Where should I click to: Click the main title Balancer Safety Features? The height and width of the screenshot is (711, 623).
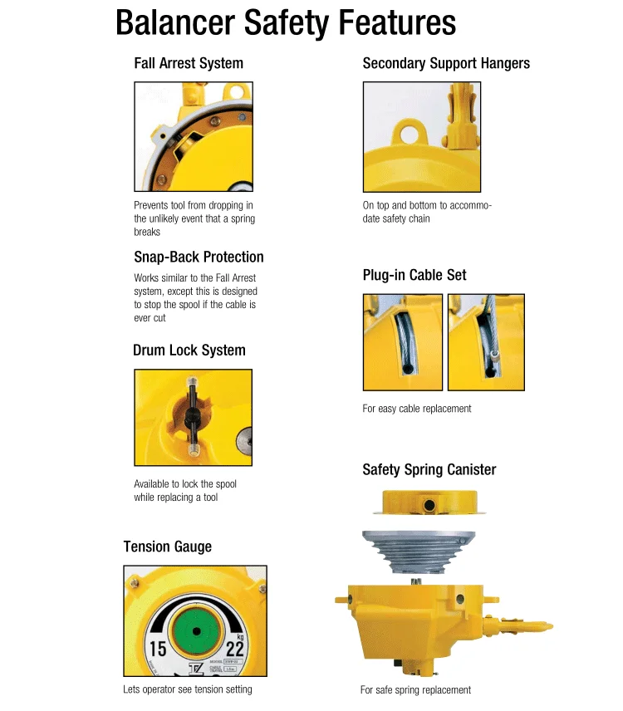coord(286,22)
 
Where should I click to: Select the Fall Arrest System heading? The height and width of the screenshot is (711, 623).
coord(189,63)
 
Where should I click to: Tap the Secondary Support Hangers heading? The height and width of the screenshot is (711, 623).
coord(446,63)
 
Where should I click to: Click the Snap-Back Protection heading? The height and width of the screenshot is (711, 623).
coord(199,257)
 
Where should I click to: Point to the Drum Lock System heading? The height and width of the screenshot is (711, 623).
coord(189,351)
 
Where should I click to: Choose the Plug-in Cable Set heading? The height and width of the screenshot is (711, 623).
coord(415,275)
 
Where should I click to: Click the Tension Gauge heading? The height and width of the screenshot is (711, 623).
coord(167,547)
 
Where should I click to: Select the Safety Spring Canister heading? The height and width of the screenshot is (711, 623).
coord(429,470)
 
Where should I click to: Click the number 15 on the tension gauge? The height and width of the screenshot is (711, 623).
coord(158,649)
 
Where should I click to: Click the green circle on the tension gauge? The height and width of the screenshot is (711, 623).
coord(197,631)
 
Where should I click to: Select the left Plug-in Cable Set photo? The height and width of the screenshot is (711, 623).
coord(402,341)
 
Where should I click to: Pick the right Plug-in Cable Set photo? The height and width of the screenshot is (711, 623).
coord(486,341)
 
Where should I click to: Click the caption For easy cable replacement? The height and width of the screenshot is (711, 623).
coord(416,409)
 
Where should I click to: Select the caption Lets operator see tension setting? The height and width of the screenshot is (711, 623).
coord(187,689)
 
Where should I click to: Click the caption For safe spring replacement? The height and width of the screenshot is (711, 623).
coord(415,690)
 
